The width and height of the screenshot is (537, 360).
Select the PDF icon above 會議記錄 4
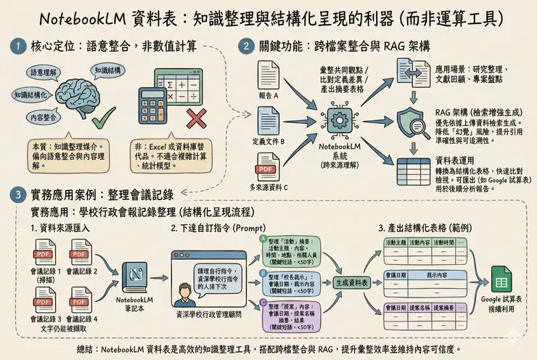coord(79,300)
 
